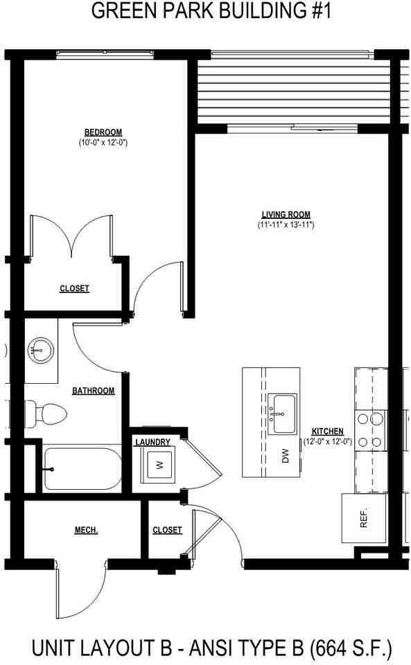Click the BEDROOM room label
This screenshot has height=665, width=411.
103,132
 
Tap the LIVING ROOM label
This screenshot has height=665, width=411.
286,214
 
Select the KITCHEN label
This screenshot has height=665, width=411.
328,431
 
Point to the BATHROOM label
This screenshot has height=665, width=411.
93,391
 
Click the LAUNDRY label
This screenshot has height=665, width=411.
153,442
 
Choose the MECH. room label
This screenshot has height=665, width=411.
86,530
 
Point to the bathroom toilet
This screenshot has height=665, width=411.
46,414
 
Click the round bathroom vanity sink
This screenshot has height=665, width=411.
40,351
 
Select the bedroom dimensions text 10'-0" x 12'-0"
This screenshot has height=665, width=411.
103,143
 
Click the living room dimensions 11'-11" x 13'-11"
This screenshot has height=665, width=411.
286,224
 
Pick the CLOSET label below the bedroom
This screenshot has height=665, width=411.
74,288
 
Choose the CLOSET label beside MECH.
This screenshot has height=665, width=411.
167,530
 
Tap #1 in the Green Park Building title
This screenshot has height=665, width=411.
308,12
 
